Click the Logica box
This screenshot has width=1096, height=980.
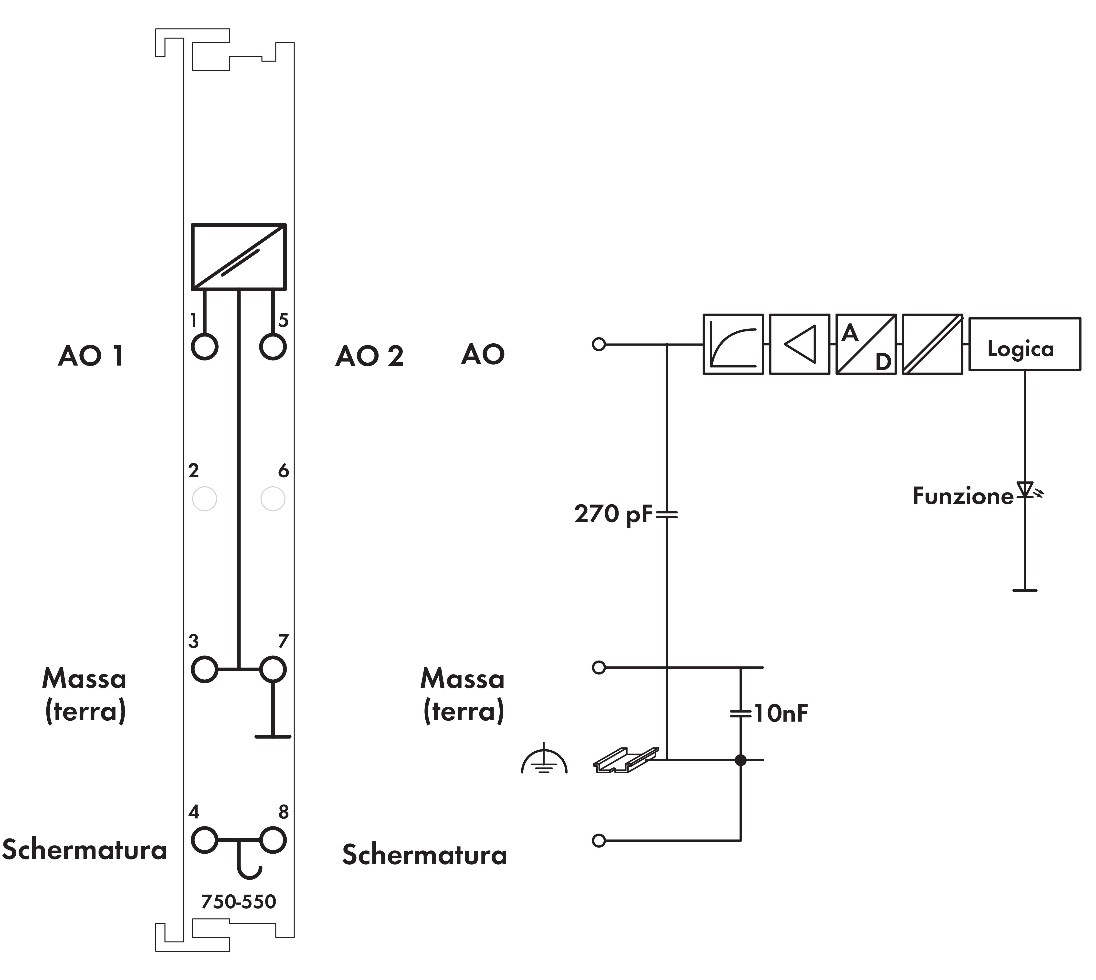1024,344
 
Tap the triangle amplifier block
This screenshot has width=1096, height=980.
799,344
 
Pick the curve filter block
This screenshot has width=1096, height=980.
733,344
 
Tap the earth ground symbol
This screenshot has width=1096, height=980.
544,761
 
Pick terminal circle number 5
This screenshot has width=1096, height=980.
273,346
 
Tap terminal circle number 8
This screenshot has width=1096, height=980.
273,840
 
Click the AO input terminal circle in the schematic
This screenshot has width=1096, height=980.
599,344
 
